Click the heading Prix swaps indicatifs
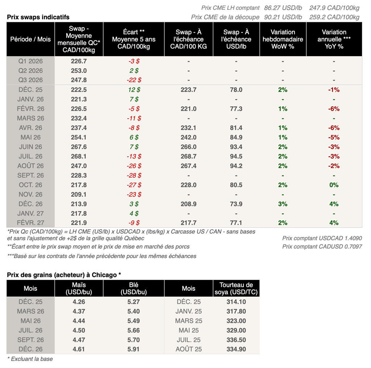(x=38, y=17)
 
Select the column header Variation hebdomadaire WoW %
(x=283, y=39)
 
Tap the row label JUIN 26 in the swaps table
(x=30, y=147)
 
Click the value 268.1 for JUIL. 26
(x=79, y=156)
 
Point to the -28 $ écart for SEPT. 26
(x=134, y=175)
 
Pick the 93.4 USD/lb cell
(x=236, y=147)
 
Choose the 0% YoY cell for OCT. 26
(x=334, y=185)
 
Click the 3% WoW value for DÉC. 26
(x=283, y=204)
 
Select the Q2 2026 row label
(x=30, y=71)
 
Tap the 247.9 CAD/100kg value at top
(x=334, y=7)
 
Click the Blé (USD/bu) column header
(x=134, y=289)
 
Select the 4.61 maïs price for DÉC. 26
(x=79, y=349)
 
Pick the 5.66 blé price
(x=134, y=330)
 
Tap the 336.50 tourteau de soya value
(x=236, y=340)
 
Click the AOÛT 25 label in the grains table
(x=188, y=349)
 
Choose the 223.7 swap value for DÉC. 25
(x=188, y=90)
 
